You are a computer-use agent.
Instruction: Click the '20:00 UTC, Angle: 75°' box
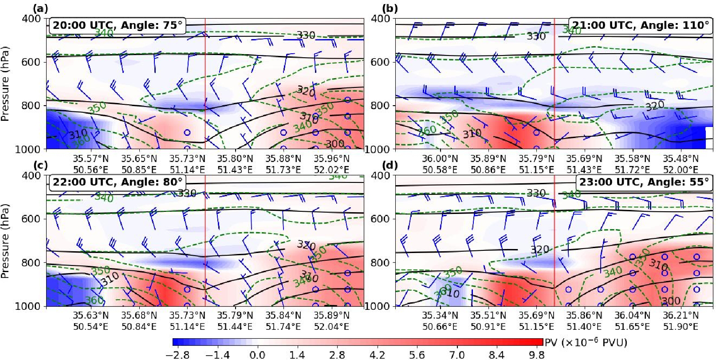pos(118,25)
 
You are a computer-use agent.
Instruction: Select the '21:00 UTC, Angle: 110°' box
pos(641,25)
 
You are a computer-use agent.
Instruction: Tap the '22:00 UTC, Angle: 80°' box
pos(118,182)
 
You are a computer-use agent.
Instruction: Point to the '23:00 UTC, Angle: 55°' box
pos(644,182)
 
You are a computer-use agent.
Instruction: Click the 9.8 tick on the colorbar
pos(537,355)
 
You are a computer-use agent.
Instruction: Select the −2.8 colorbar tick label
pos(177,355)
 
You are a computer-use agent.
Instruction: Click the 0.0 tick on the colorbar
pos(257,355)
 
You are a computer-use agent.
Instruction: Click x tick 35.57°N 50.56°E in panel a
pos(90,164)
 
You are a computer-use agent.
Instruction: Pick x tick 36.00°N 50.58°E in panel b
pos(440,164)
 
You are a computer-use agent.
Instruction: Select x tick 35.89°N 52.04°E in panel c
pos(331,321)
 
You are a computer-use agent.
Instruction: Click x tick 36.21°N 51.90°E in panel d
pos(681,321)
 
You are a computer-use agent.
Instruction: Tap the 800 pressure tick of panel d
pos(380,262)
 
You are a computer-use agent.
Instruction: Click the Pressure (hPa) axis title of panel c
pos(5,241)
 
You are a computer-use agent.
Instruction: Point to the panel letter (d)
pos(390,165)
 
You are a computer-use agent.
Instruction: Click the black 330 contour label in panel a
pos(306,35)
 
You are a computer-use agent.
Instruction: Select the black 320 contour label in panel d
pos(539,249)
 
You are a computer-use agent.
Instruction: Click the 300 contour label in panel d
pos(671,301)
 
